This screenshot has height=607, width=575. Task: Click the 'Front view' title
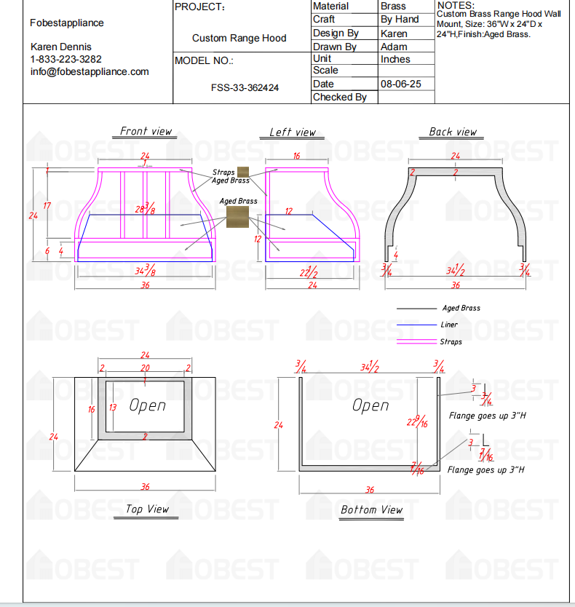[x=146, y=131]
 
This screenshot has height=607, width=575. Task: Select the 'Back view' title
[x=453, y=132]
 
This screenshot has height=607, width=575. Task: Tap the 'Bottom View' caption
[x=371, y=509]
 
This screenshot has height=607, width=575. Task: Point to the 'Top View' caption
[x=147, y=509]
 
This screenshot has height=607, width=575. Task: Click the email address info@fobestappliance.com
[x=90, y=71]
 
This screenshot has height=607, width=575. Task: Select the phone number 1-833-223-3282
[x=66, y=59]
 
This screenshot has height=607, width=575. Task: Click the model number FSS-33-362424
[x=245, y=87]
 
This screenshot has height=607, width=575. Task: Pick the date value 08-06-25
[x=401, y=84]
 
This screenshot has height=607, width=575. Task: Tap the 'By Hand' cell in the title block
[x=400, y=20]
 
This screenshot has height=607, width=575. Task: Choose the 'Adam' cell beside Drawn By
[x=394, y=47]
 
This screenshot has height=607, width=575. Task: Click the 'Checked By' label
[x=339, y=97]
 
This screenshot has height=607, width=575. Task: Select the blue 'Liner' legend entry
[x=449, y=325]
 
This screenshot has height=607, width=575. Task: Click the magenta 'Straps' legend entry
[x=451, y=341]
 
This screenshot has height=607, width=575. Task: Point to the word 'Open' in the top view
[x=148, y=405]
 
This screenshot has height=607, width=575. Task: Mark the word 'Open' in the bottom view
[x=370, y=405]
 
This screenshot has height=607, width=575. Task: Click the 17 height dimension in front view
[x=47, y=206]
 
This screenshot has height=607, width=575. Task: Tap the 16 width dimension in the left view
[x=296, y=156]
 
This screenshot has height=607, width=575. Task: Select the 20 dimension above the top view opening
[x=145, y=368]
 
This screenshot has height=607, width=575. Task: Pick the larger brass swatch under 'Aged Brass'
[x=238, y=217]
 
